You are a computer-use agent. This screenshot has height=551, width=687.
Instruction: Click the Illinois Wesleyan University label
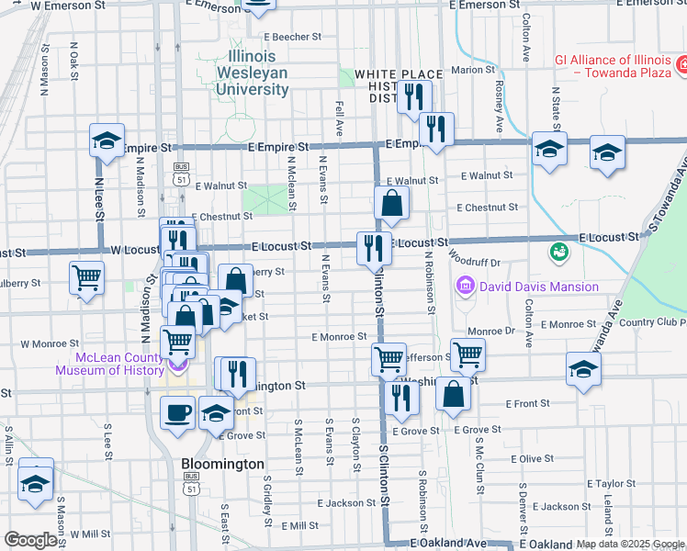[x=252, y=73]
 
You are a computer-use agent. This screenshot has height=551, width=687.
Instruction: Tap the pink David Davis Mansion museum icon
[x=465, y=287]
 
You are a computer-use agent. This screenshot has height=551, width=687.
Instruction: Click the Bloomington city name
[x=222, y=464]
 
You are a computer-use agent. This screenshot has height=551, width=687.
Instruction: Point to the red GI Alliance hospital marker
[x=682, y=64]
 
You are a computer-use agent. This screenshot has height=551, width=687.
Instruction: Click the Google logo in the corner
[x=29, y=540]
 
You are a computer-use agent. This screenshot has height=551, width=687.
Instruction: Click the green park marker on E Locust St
[x=557, y=250]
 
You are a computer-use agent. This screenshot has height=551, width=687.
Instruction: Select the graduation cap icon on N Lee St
[x=107, y=141]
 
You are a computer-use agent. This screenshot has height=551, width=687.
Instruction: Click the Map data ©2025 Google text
[x=631, y=544]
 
